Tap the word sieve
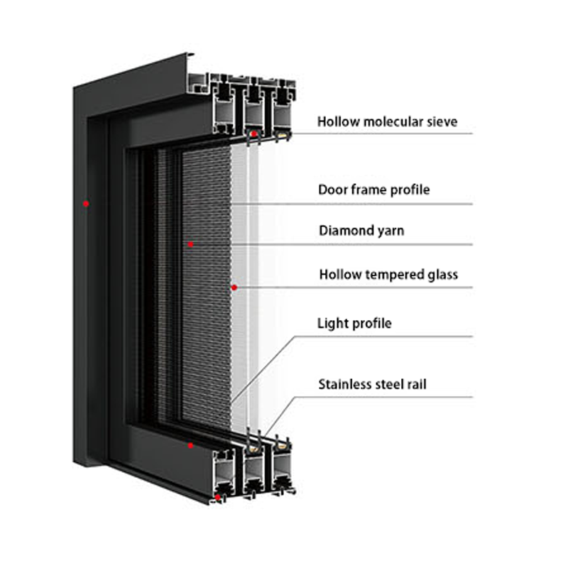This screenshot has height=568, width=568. [x=442, y=122]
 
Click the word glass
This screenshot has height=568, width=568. [x=443, y=274]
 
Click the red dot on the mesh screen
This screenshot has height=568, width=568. [x=190, y=244]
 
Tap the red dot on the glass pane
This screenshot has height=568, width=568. [x=234, y=288]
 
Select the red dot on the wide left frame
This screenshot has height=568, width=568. [x=86, y=204]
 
